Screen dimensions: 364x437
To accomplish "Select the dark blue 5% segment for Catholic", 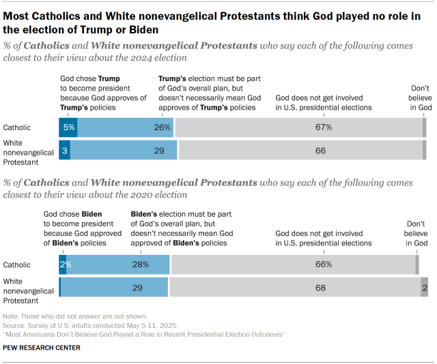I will point(68,127).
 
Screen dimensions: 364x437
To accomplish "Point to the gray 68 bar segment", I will point(295,287).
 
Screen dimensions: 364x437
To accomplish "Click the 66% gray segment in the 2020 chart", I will point(294,264).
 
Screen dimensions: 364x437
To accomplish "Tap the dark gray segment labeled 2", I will point(425,287).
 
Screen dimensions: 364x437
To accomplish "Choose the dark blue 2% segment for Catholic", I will point(62,264).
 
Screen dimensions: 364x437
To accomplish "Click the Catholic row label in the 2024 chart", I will point(16,127).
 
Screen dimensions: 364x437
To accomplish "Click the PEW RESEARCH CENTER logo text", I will point(42,348).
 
